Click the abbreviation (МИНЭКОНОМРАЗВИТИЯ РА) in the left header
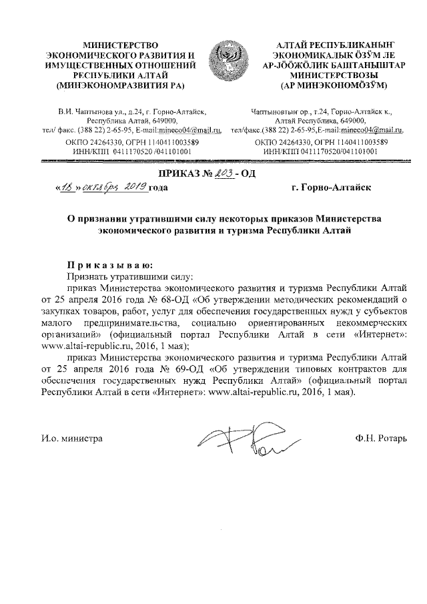(x=119, y=85)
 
